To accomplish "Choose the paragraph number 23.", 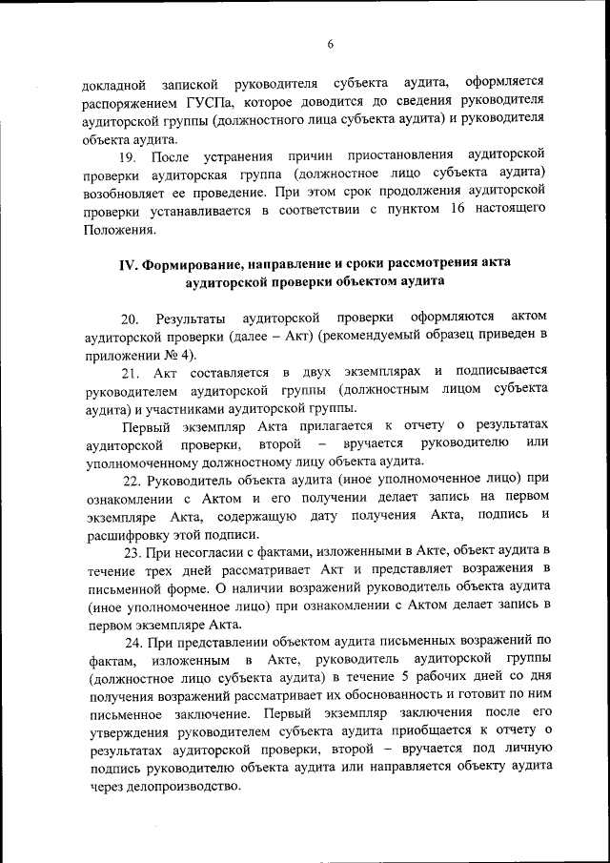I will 130,552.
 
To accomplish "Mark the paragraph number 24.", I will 130,642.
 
